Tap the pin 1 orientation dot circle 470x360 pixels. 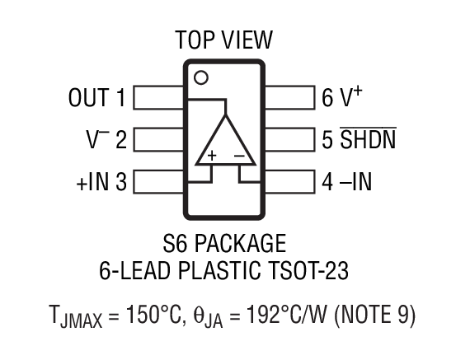pyautogui.click(x=200, y=77)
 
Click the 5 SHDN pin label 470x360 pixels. pyautogui.click(x=359, y=139)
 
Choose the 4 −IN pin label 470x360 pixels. pyautogui.click(x=346, y=181)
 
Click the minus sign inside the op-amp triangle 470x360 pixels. pyautogui.click(x=238, y=155)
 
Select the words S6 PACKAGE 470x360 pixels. pyautogui.click(x=223, y=244)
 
